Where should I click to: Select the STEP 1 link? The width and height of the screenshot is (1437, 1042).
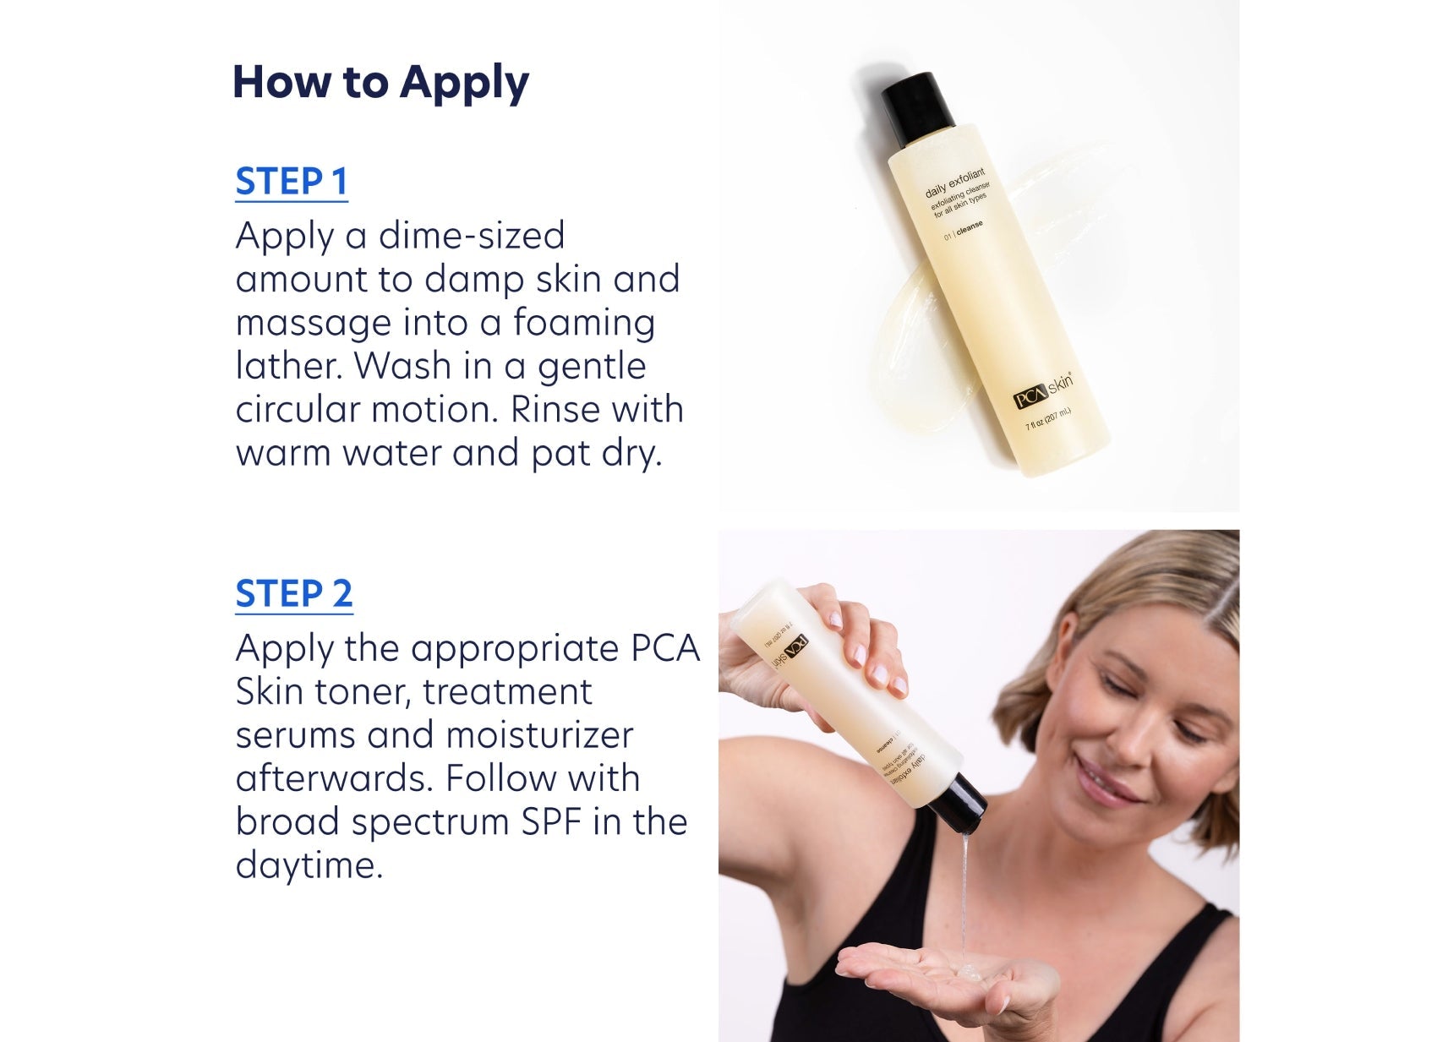click(292, 182)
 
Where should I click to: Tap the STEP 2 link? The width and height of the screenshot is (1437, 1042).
click(293, 594)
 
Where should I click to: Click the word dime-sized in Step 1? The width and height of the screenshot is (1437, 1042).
click(471, 236)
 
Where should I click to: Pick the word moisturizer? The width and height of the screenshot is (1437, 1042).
click(539, 735)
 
